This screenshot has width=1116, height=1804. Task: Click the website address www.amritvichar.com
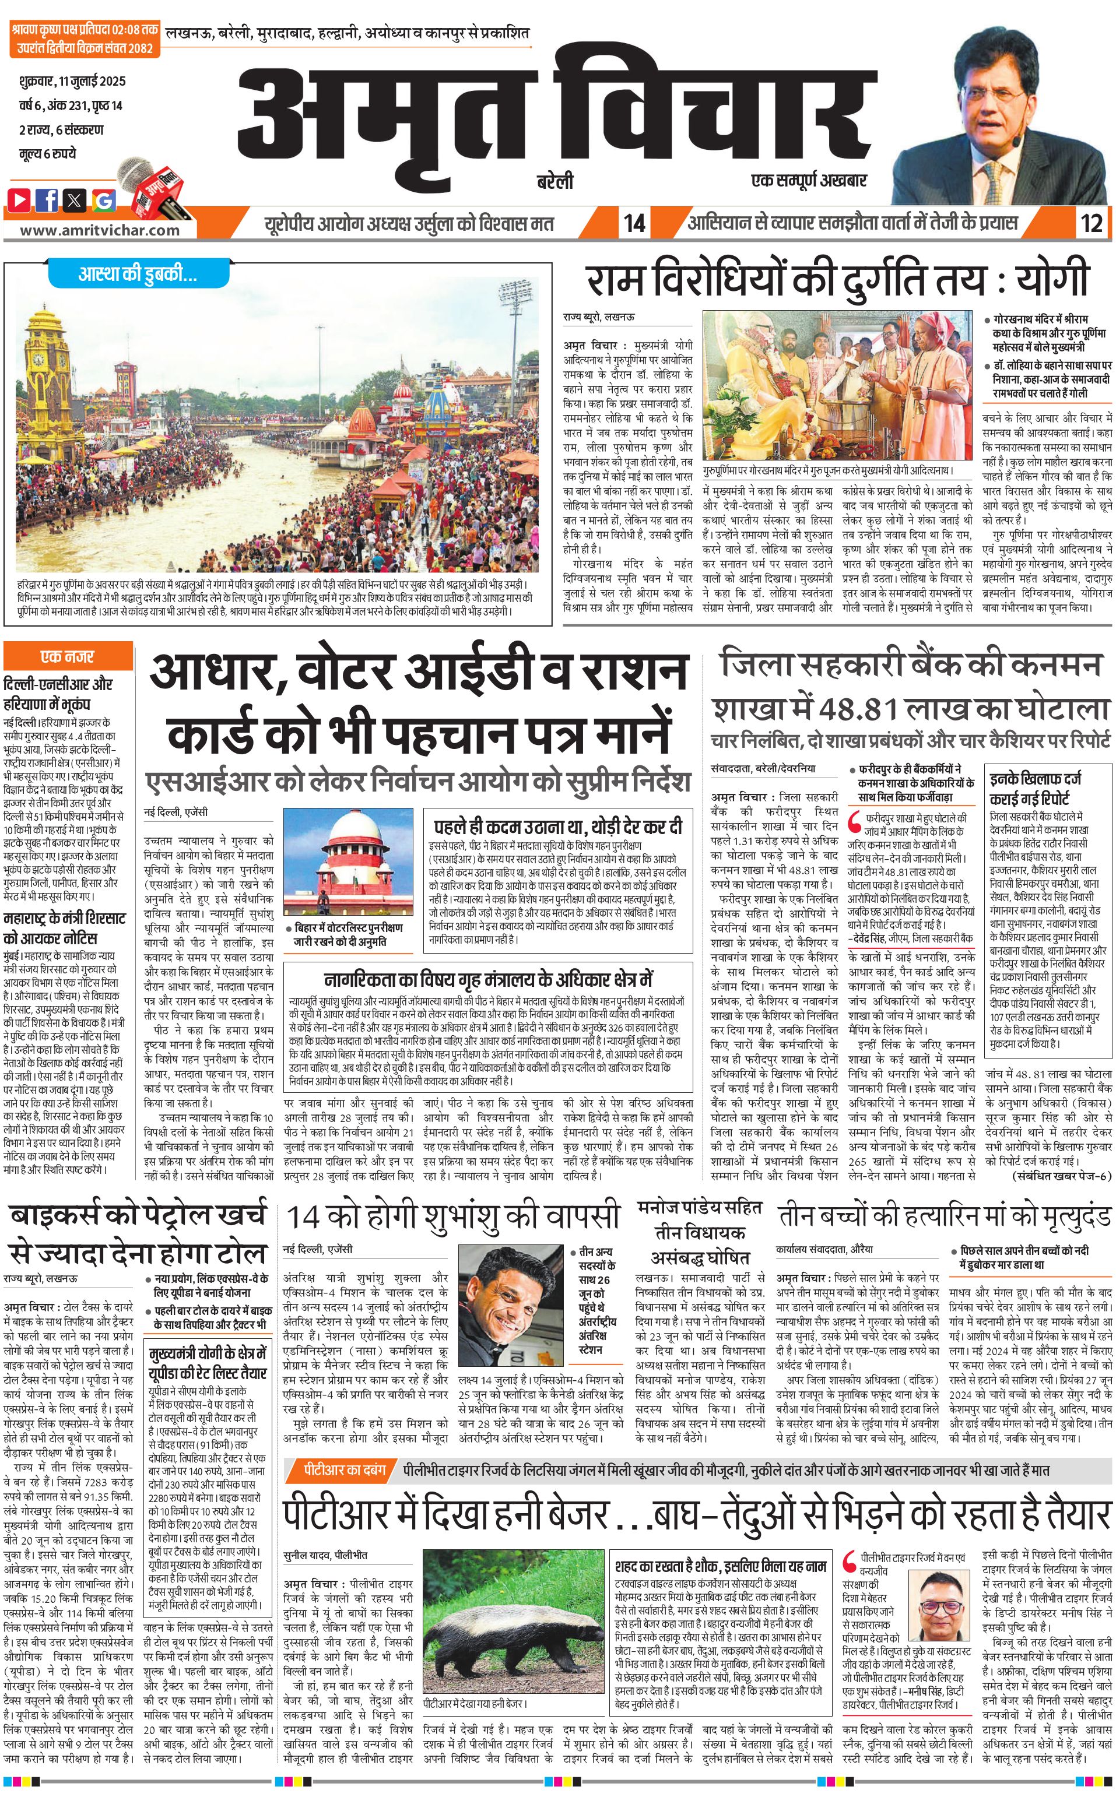(100, 230)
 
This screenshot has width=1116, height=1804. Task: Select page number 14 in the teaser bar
(634, 223)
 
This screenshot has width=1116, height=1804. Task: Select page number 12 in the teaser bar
(1092, 223)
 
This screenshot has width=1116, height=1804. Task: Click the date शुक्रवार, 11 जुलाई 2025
(72, 81)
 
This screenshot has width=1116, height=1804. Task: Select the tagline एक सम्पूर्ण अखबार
(808, 180)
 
